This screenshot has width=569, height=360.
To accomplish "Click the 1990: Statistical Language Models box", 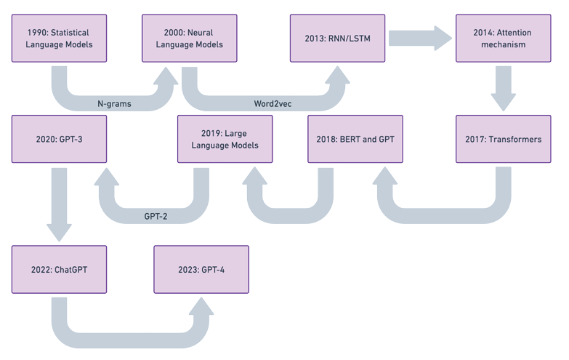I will tap(59, 38).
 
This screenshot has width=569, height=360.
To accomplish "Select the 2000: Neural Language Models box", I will tap(188, 38).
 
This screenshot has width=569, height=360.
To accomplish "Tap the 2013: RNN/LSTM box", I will tap(336, 38).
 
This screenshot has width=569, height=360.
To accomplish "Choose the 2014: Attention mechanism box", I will tap(503, 38).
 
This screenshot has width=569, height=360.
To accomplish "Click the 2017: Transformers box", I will tap(503, 139).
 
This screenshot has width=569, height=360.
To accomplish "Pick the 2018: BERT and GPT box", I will tap(355, 139).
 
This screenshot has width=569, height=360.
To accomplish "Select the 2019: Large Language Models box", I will tap(225, 139).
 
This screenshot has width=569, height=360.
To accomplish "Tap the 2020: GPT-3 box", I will tap(59, 139).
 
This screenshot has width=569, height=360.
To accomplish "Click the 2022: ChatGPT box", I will tap(59, 269).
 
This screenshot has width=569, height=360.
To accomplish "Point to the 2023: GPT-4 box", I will tap(201, 269).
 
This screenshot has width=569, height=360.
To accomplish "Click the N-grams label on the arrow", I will tap(114, 104).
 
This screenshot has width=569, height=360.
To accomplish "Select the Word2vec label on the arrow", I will tap(273, 104).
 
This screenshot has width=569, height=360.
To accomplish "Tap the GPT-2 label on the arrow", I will tap(156, 216).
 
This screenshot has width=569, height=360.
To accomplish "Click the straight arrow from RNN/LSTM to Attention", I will tap(420, 38).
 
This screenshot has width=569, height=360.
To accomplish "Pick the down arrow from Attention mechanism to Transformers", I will tap(503, 88).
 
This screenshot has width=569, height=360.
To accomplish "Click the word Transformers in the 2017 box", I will tap(514, 139).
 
